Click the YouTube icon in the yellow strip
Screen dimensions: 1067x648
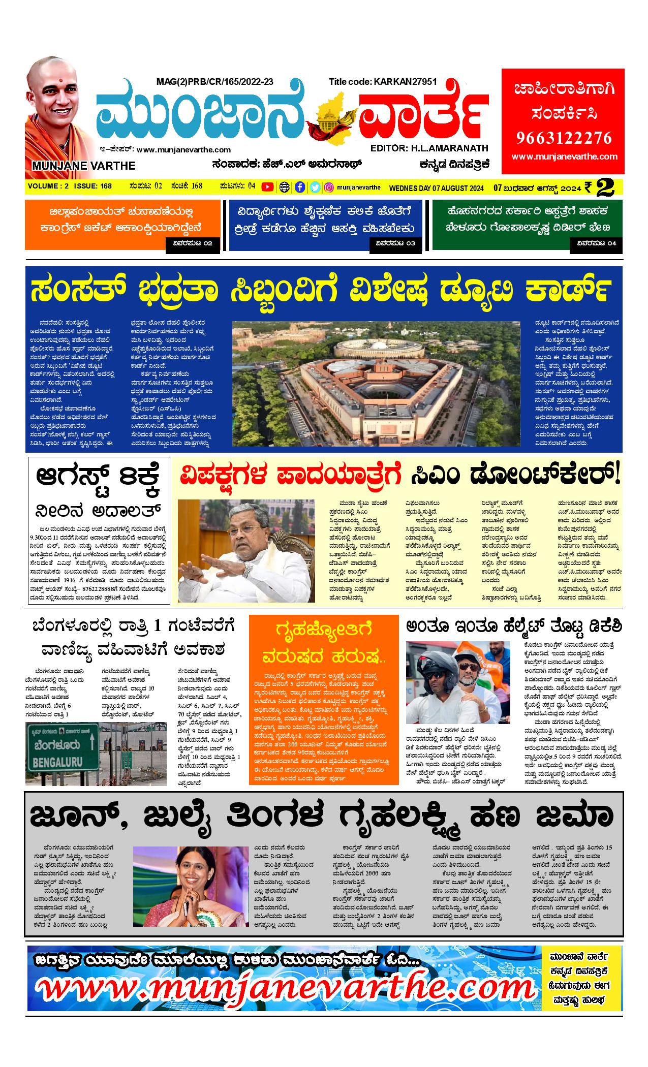(267, 187)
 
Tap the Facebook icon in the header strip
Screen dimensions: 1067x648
(300, 187)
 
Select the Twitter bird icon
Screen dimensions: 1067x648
(315, 187)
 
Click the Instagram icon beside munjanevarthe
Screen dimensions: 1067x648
(329, 187)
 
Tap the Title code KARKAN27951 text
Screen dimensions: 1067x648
(382, 81)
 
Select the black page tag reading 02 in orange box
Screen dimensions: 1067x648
(193, 244)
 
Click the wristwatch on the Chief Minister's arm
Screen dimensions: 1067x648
(248, 571)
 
